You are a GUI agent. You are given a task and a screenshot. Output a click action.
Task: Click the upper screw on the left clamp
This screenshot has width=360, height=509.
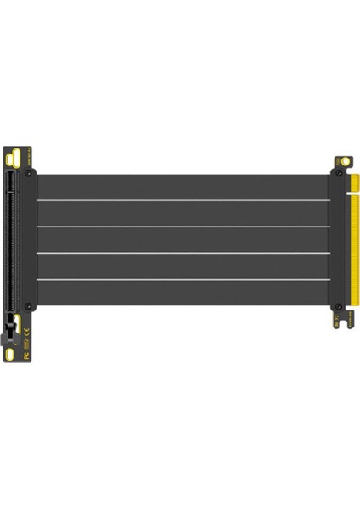(30, 173)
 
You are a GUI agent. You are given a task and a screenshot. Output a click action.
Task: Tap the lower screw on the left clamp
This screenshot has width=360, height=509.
(30, 305)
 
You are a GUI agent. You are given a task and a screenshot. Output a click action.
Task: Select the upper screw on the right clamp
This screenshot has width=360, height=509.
(337, 173)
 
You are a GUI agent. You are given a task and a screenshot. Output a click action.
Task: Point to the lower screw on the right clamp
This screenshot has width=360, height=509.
(337, 305)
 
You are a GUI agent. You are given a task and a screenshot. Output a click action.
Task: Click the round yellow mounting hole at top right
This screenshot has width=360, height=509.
(346, 159)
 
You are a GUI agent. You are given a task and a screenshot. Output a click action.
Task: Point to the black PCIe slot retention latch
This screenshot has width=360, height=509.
(12, 322)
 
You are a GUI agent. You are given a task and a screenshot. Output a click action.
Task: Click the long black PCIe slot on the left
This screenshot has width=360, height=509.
(11, 238)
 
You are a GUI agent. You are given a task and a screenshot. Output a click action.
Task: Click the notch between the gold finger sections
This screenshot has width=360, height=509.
(354, 193)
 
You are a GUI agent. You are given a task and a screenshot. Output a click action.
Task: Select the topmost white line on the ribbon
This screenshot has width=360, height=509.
(183, 200)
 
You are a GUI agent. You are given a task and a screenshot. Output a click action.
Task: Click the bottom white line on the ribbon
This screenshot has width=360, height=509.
(183, 280)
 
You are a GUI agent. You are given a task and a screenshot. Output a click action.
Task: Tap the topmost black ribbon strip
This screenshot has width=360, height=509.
(183, 187)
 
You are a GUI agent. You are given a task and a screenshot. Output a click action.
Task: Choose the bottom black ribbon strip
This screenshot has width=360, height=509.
(183, 294)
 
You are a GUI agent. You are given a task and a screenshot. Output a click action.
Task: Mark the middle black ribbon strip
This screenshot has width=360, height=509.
(183, 240)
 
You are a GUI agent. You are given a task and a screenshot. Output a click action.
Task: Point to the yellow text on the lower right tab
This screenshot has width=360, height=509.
(342, 319)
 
